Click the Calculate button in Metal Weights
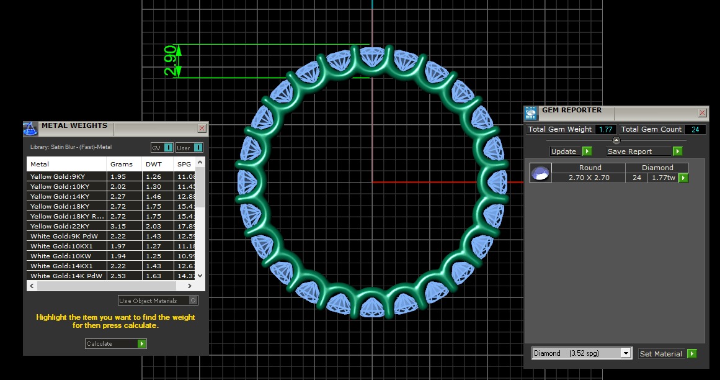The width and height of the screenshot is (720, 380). (x=115, y=343)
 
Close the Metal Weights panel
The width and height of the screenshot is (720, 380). (x=202, y=128)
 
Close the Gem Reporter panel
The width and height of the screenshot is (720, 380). (x=702, y=113)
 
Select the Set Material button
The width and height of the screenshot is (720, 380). (x=667, y=354)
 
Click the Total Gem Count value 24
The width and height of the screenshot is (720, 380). (x=695, y=129)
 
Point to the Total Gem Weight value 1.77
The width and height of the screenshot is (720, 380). (x=605, y=129)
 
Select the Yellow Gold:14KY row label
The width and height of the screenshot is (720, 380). (x=60, y=196)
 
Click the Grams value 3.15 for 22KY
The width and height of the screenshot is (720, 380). (x=118, y=226)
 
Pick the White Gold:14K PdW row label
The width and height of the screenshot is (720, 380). (x=64, y=276)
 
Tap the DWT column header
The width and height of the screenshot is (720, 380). (x=152, y=165)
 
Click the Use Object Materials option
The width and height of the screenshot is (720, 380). (x=158, y=301)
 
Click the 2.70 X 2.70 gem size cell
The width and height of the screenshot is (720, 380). (x=589, y=178)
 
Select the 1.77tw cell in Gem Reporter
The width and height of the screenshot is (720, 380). (x=663, y=178)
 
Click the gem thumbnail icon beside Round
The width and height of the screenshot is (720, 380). (x=540, y=173)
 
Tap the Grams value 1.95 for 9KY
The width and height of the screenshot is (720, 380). (x=118, y=176)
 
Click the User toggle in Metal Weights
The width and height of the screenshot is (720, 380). (x=189, y=148)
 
